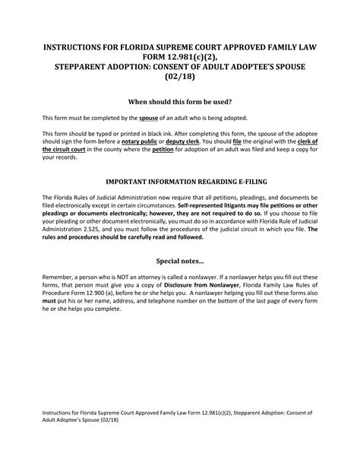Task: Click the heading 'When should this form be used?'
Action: pyautogui.click(x=180, y=101)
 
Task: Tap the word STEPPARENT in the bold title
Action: pyautogui.click(x=90, y=65)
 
